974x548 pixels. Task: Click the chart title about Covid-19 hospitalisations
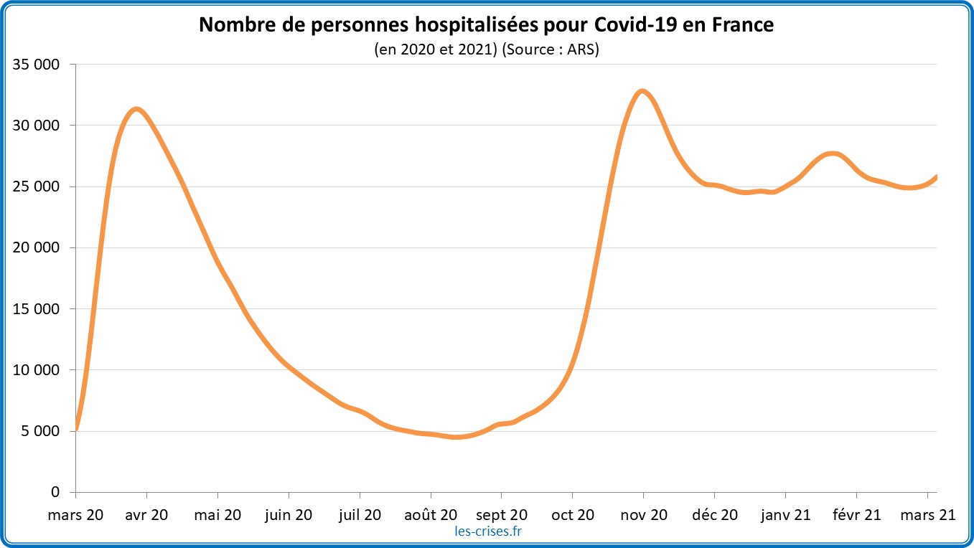pos(486,25)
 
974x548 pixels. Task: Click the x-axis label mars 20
pos(76,514)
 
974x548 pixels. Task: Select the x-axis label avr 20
pos(146,514)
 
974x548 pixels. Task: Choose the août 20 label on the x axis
pos(431,514)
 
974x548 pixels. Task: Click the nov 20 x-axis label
pos(643,514)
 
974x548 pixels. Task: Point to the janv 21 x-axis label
pos(785,514)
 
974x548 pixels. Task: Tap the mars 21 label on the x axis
pos(927,514)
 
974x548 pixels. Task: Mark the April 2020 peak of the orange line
pos(136,109)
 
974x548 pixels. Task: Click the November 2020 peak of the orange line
pos(642,91)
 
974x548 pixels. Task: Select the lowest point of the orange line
pos(456,437)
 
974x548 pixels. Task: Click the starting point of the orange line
pos(76,429)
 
